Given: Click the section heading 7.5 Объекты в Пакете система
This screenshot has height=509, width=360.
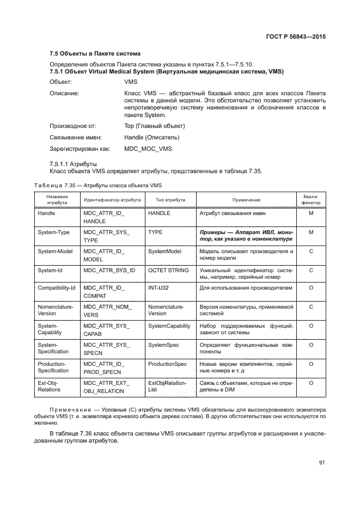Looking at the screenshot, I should click(95, 54).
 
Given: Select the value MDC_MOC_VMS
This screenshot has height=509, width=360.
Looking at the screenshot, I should click(148, 148).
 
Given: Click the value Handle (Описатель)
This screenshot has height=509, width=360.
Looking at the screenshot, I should click(151, 137).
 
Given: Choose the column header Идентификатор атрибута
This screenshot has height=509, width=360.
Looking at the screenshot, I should click(112, 200).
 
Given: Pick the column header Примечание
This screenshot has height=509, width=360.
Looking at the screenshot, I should click(246, 200).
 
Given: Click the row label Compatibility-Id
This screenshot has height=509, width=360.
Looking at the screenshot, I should click(56, 287).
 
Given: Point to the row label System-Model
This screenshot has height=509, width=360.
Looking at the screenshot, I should click(55, 251).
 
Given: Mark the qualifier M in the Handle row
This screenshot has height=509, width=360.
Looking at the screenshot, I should click(311, 213).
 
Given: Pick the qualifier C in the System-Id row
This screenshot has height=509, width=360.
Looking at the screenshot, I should click(311, 270).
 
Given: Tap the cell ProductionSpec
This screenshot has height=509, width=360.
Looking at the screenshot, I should click(167, 364).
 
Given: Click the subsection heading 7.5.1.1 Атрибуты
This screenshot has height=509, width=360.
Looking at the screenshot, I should click(73, 163).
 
